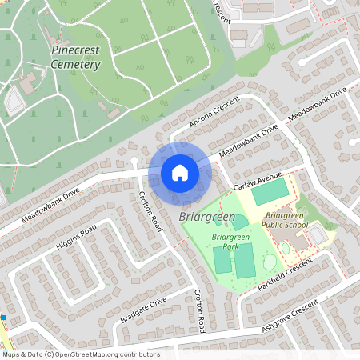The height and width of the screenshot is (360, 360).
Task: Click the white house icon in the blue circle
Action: pyautogui.click(x=179, y=172)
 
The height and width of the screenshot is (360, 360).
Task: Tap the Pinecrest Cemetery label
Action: pyautogui.click(x=75, y=57)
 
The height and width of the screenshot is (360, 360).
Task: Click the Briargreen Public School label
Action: pyautogui.click(x=286, y=220)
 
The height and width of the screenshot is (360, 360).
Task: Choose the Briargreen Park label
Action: pyautogui.click(x=230, y=242)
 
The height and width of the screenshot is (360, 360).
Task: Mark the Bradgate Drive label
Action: pyautogui.click(x=143, y=310)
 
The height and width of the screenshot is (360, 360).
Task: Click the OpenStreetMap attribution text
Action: pyautogui.click(x=81, y=354)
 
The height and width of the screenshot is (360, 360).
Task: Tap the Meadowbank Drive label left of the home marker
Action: pyautogui.click(x=51, y=203)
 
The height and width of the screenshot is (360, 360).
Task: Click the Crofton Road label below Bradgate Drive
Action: pyautogui.click(x=200, y=313)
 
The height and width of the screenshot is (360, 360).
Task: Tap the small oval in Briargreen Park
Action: pyautogui.click(x=268, y=262)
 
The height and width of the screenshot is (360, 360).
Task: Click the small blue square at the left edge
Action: pyautogui.click(x=3, y=318)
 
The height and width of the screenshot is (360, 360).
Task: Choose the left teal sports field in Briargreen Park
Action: pyautogui.click(x=222, y=261)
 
